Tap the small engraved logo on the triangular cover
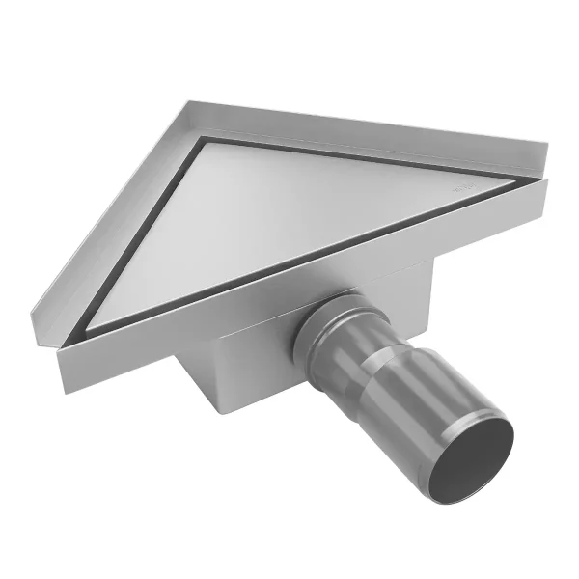[461, 191]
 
